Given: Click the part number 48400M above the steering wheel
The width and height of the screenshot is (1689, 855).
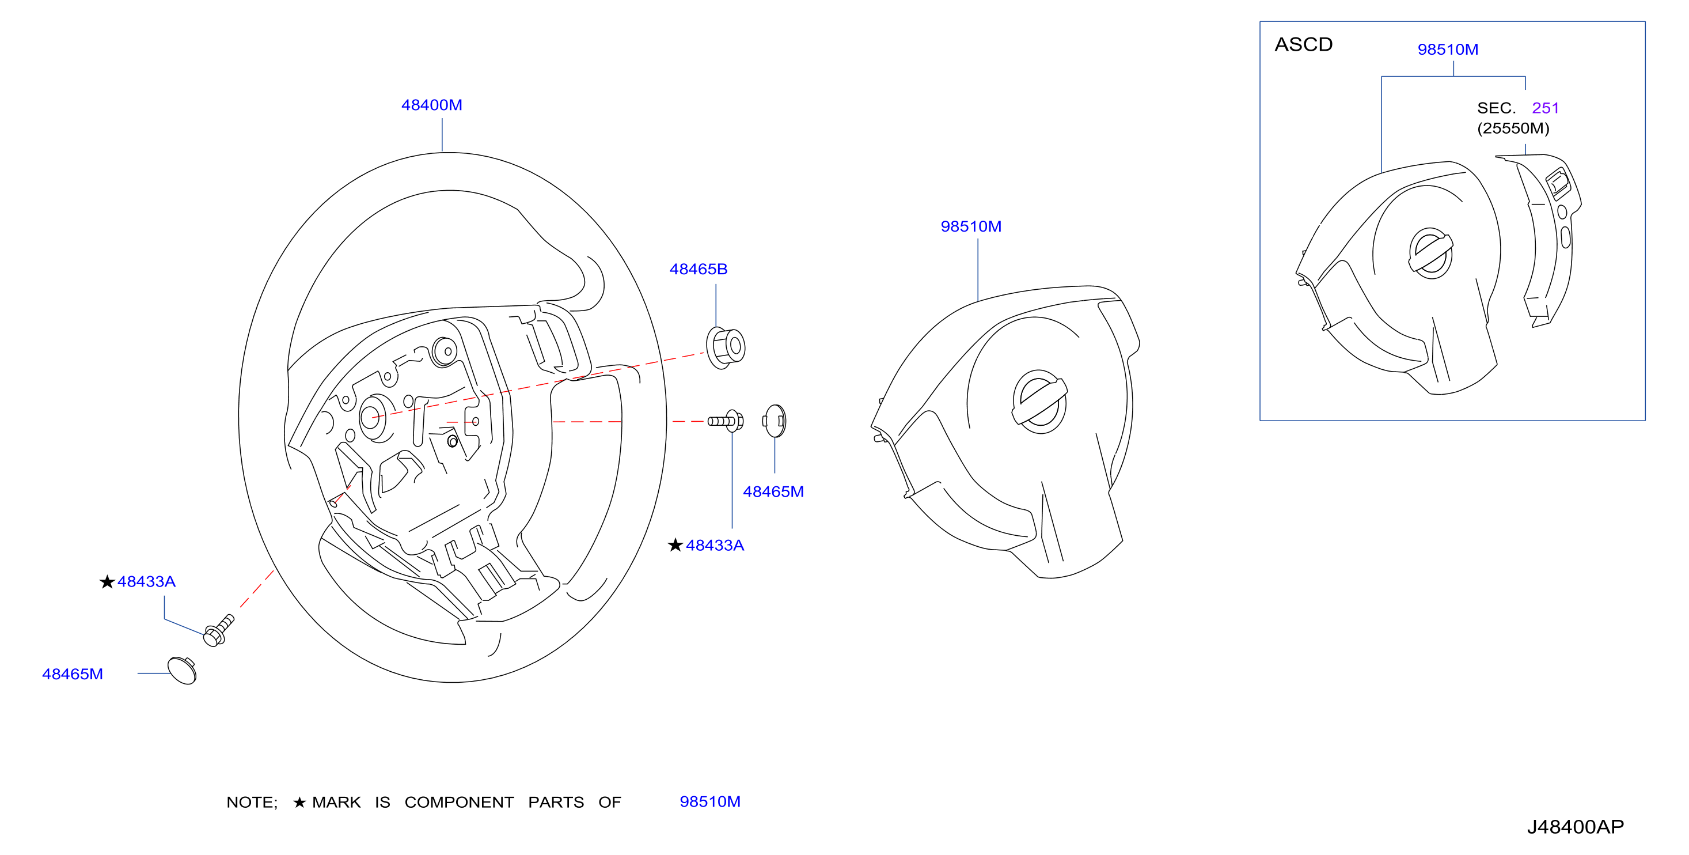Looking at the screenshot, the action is coord(431,105).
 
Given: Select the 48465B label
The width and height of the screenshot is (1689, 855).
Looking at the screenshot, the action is coord(699,269).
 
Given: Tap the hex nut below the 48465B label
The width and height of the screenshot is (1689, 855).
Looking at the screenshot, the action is coord(725,348).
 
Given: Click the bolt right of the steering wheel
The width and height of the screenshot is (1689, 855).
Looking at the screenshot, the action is coord(725,421).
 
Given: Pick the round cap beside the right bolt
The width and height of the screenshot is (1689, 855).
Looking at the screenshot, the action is coord(775,421).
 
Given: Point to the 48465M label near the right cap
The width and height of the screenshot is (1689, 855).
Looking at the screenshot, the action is coord(773,491).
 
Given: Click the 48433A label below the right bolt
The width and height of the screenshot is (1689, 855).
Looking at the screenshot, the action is coord(715,545).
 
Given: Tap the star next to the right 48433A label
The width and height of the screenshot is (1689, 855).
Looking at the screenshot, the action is coord(675,545).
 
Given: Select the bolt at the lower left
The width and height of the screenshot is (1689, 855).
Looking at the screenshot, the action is coord(218,630).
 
